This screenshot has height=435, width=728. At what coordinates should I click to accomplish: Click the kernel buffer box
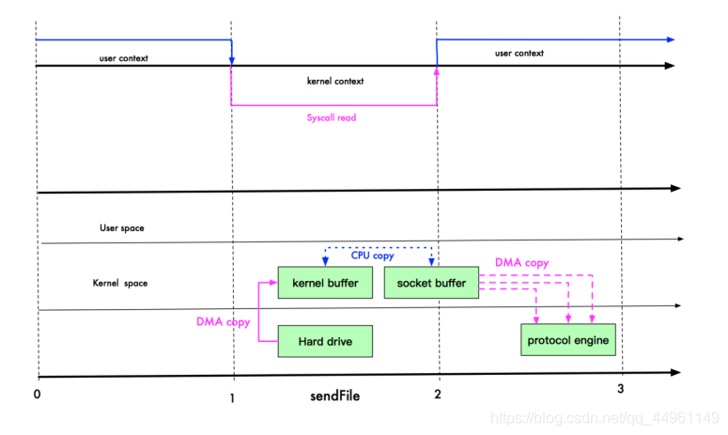[x=325, y=282]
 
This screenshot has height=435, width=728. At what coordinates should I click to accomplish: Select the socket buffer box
[x=431, y=282]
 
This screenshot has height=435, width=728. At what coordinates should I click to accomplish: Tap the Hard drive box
[x=325, y=341]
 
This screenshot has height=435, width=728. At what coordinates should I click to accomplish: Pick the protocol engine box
[x=568, y=340]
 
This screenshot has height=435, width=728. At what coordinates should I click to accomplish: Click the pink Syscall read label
[x=332, y=117]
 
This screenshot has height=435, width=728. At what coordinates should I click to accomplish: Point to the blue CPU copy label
[x=372, y=256]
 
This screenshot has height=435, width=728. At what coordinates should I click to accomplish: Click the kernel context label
[x=335, y=81]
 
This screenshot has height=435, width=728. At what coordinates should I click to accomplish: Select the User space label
[x=121, y=228]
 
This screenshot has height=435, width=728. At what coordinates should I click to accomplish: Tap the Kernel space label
[x=120, y=283]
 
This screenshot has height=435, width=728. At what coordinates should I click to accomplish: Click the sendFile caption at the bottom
[x=334, y=396]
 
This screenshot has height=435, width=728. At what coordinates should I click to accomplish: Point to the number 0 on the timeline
[x=38, y=395]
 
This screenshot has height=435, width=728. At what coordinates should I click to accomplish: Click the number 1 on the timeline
[x=232, y=397]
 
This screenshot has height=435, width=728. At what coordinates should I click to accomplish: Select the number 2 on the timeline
[x=438, y=395]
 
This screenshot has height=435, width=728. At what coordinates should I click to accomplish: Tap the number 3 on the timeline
[x=620, y=389]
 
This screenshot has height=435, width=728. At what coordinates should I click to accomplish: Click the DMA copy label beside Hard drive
[x=224, y=321]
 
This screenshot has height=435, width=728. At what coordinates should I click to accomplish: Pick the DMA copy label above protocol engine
[x=522, y=263]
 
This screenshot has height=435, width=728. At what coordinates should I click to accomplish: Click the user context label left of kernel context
[x=123, y=58]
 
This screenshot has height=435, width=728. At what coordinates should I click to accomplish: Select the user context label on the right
[x=519, y=54]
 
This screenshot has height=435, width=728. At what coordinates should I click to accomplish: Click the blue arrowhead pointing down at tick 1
[x=232, y=61]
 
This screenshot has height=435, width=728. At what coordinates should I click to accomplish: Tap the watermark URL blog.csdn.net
[x=605, y=418]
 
